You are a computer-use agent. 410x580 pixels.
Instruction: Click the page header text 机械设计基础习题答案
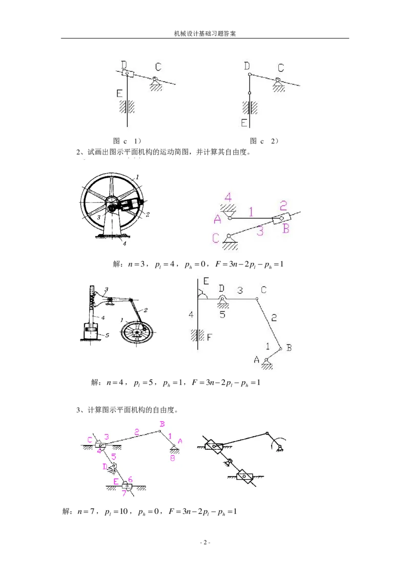pyautogui.click(x=205, y=33)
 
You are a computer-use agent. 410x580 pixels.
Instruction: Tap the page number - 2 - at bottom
pyautogui.click(x=205, y=543)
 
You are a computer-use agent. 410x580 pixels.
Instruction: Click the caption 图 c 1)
pyautogui.click(x=127, y=141)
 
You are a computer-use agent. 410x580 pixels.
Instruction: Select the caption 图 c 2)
pyautogui.click(x=264, y=141)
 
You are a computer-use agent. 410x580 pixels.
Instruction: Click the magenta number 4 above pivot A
pyautogui.click(x=228, y=197)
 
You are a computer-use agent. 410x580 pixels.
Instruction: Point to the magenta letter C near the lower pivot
pyautogui.click(x=216, y=238)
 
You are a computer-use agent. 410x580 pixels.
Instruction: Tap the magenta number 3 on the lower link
pyautogui.click(x=260, y=232)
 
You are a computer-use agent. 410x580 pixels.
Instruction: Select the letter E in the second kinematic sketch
pyautogui.click(x=206, y=281)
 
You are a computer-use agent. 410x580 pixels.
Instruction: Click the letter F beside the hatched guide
pyautogui.click(x=210, y=337)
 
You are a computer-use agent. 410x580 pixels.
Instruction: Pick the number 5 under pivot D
pyautogui.click(x=222, y=315)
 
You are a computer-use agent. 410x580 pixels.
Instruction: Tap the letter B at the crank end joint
pyautogui.click(x=289, y=348)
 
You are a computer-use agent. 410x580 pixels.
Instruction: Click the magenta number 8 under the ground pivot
pyautogui.click(x=172, y=458)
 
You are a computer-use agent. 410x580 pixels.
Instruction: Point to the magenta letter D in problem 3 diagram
pyautogui.click(x=105, y=467)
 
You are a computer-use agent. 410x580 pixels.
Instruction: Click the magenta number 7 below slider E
pyautogui.click(x=124, y=494)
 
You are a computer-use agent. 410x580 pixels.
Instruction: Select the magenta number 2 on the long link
pyautogui.click(x=137, y=432)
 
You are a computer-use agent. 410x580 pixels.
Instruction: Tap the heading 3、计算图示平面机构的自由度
pyautogui.click(x=127, y=410)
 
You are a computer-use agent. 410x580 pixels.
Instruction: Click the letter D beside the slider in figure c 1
pyautogui.click(x=124, y=65)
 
